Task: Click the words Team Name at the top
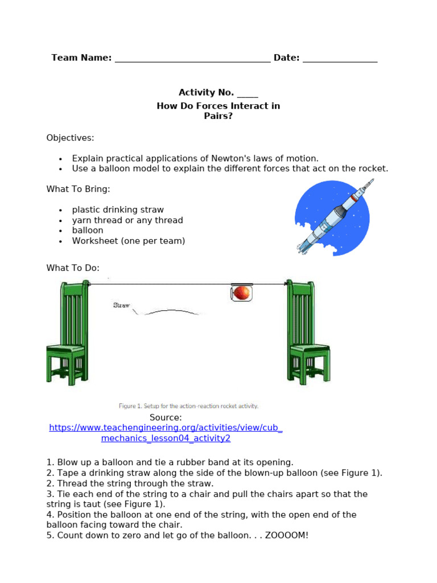(x=81, y=58)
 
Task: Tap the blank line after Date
(x=340, y=59)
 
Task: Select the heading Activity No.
(x=206, y=92)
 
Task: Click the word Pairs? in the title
(x=218, y=116)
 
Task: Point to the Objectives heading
(x=70, y=138)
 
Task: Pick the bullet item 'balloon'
(x=88, y=231)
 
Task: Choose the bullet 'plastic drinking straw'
(x=118, y=210)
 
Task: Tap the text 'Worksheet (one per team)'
(x=129, y=241)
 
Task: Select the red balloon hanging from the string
(x=242, y=293)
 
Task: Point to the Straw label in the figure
(x=121, y=305)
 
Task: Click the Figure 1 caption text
(x=188, y=406)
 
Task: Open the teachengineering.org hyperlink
(x=166, y=428)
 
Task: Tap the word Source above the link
(x=164, y=417)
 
